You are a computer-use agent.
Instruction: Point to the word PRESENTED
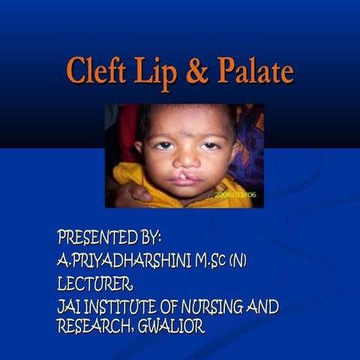coord(97,238)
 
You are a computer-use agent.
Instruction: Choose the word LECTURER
coord(95,284)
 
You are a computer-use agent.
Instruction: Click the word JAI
coord(70,307)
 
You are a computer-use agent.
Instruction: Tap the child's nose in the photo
coord(184,161)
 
